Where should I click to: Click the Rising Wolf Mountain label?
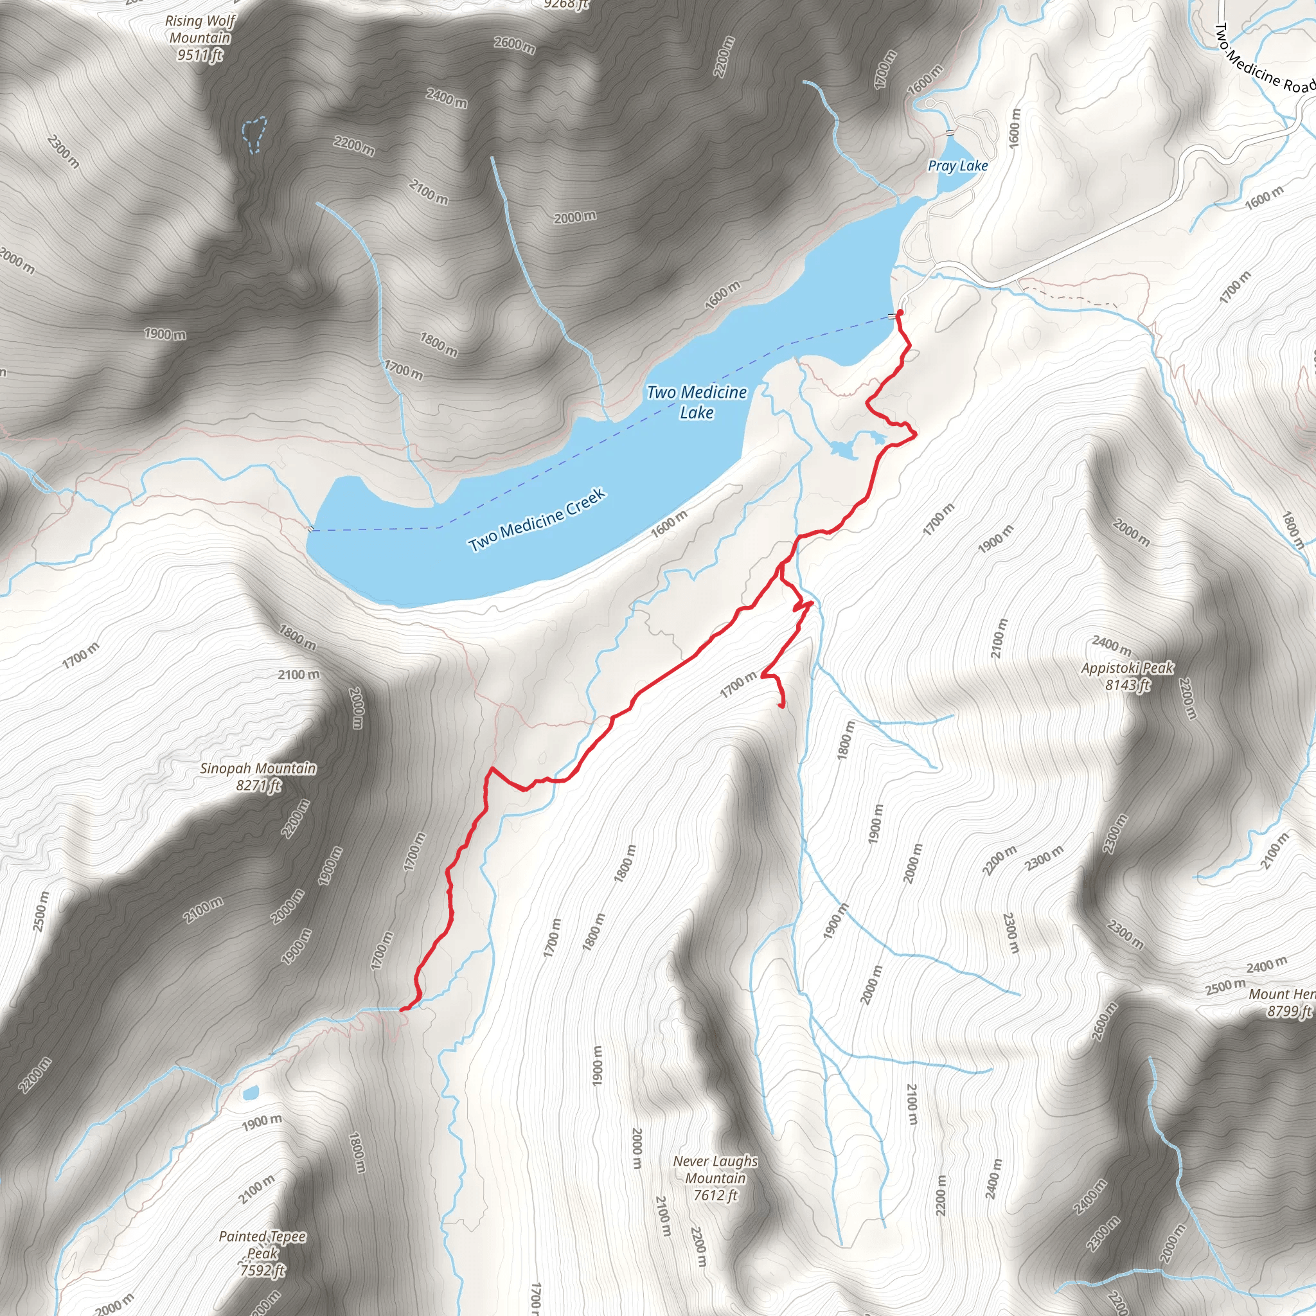pyautogui.click(x=200, y=30)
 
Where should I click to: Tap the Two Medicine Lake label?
pyautogui.click(x=696, y=402)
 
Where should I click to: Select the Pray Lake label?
pyautogui.click(x=957, y=166)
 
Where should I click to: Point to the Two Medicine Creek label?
pyautogui.click(x=537, y=520)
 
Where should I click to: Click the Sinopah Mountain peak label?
pyautogui.click(x=258, y=769)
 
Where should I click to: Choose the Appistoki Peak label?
pyautogui.click(x=1127, y=668)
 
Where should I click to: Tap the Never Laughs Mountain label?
pyautogui.click(x=715, y=1169)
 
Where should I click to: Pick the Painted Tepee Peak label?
pyautogui.click(x=262, y=1245)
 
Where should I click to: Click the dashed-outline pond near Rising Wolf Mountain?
pyautogui.click(x=254, y=134)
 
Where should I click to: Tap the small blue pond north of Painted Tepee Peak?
pyautogui.click(x=250, y=1094)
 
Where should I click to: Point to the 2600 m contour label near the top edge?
pyautogui.click(x=514, y=44)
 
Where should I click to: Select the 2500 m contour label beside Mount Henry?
pyautogui.click(x=1225, y=986)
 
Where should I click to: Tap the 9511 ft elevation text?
pyautogui.click(x=200, y=55)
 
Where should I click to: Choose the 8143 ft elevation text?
pyautogui.click(x=1127, y=685)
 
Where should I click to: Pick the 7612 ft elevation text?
pyautogui.click(x=715, y=1195)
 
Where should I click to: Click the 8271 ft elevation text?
pyautogui.click(x=258, y=785)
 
